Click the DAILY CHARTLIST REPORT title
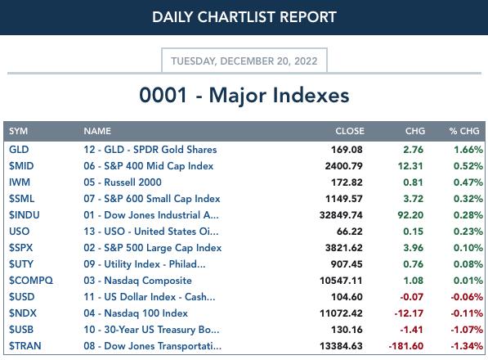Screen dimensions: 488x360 [244, 17]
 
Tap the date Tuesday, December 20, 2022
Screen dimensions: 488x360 [244, 61]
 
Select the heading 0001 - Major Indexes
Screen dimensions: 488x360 [244, 95]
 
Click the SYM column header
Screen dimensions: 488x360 [18, 131]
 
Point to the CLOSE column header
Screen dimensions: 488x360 [350, 131]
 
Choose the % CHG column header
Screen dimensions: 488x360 [464, 131]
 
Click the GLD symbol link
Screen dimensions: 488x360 [19, 150]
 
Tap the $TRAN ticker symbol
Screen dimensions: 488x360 [25, 346]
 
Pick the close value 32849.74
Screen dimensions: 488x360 [341, 215]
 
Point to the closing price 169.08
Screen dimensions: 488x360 [347, 150]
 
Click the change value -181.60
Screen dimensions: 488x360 [406, 346]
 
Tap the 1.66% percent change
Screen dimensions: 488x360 [468, 150]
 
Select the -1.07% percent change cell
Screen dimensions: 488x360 [467, 330]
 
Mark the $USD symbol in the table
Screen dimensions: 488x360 [22, 297]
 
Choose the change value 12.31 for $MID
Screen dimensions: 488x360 [410, 166]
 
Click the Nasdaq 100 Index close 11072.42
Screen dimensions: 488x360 [341, 313]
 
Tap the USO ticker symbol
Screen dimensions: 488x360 [20, 232]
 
